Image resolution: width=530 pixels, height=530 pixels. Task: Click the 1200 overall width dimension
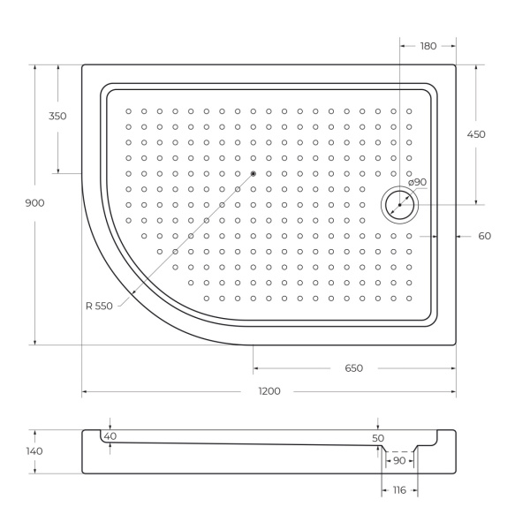(269, 391)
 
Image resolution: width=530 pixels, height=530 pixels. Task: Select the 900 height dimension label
(35, 203)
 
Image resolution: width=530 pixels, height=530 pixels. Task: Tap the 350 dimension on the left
(58, 117)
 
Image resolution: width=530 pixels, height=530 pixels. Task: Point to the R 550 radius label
(99, 307)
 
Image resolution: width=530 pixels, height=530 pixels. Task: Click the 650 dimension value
(353, 368)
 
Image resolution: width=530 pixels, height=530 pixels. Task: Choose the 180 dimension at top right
(428, 46)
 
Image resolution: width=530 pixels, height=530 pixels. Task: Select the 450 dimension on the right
(476, 134)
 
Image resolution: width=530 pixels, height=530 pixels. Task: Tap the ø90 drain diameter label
(417, 182)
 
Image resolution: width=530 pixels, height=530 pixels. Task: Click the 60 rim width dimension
(484, 236)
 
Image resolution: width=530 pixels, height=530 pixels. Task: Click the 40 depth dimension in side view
(110, 436)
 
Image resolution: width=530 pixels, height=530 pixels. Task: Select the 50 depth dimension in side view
(378, 438)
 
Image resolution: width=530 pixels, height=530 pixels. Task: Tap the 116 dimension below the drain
(399, 490)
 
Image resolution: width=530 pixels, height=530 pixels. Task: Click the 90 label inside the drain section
(399, 462)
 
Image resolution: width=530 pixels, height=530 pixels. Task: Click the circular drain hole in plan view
(399, 205)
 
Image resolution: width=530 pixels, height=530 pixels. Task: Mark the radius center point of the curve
(254, 173)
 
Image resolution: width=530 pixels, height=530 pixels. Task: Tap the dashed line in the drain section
(399, 452)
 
